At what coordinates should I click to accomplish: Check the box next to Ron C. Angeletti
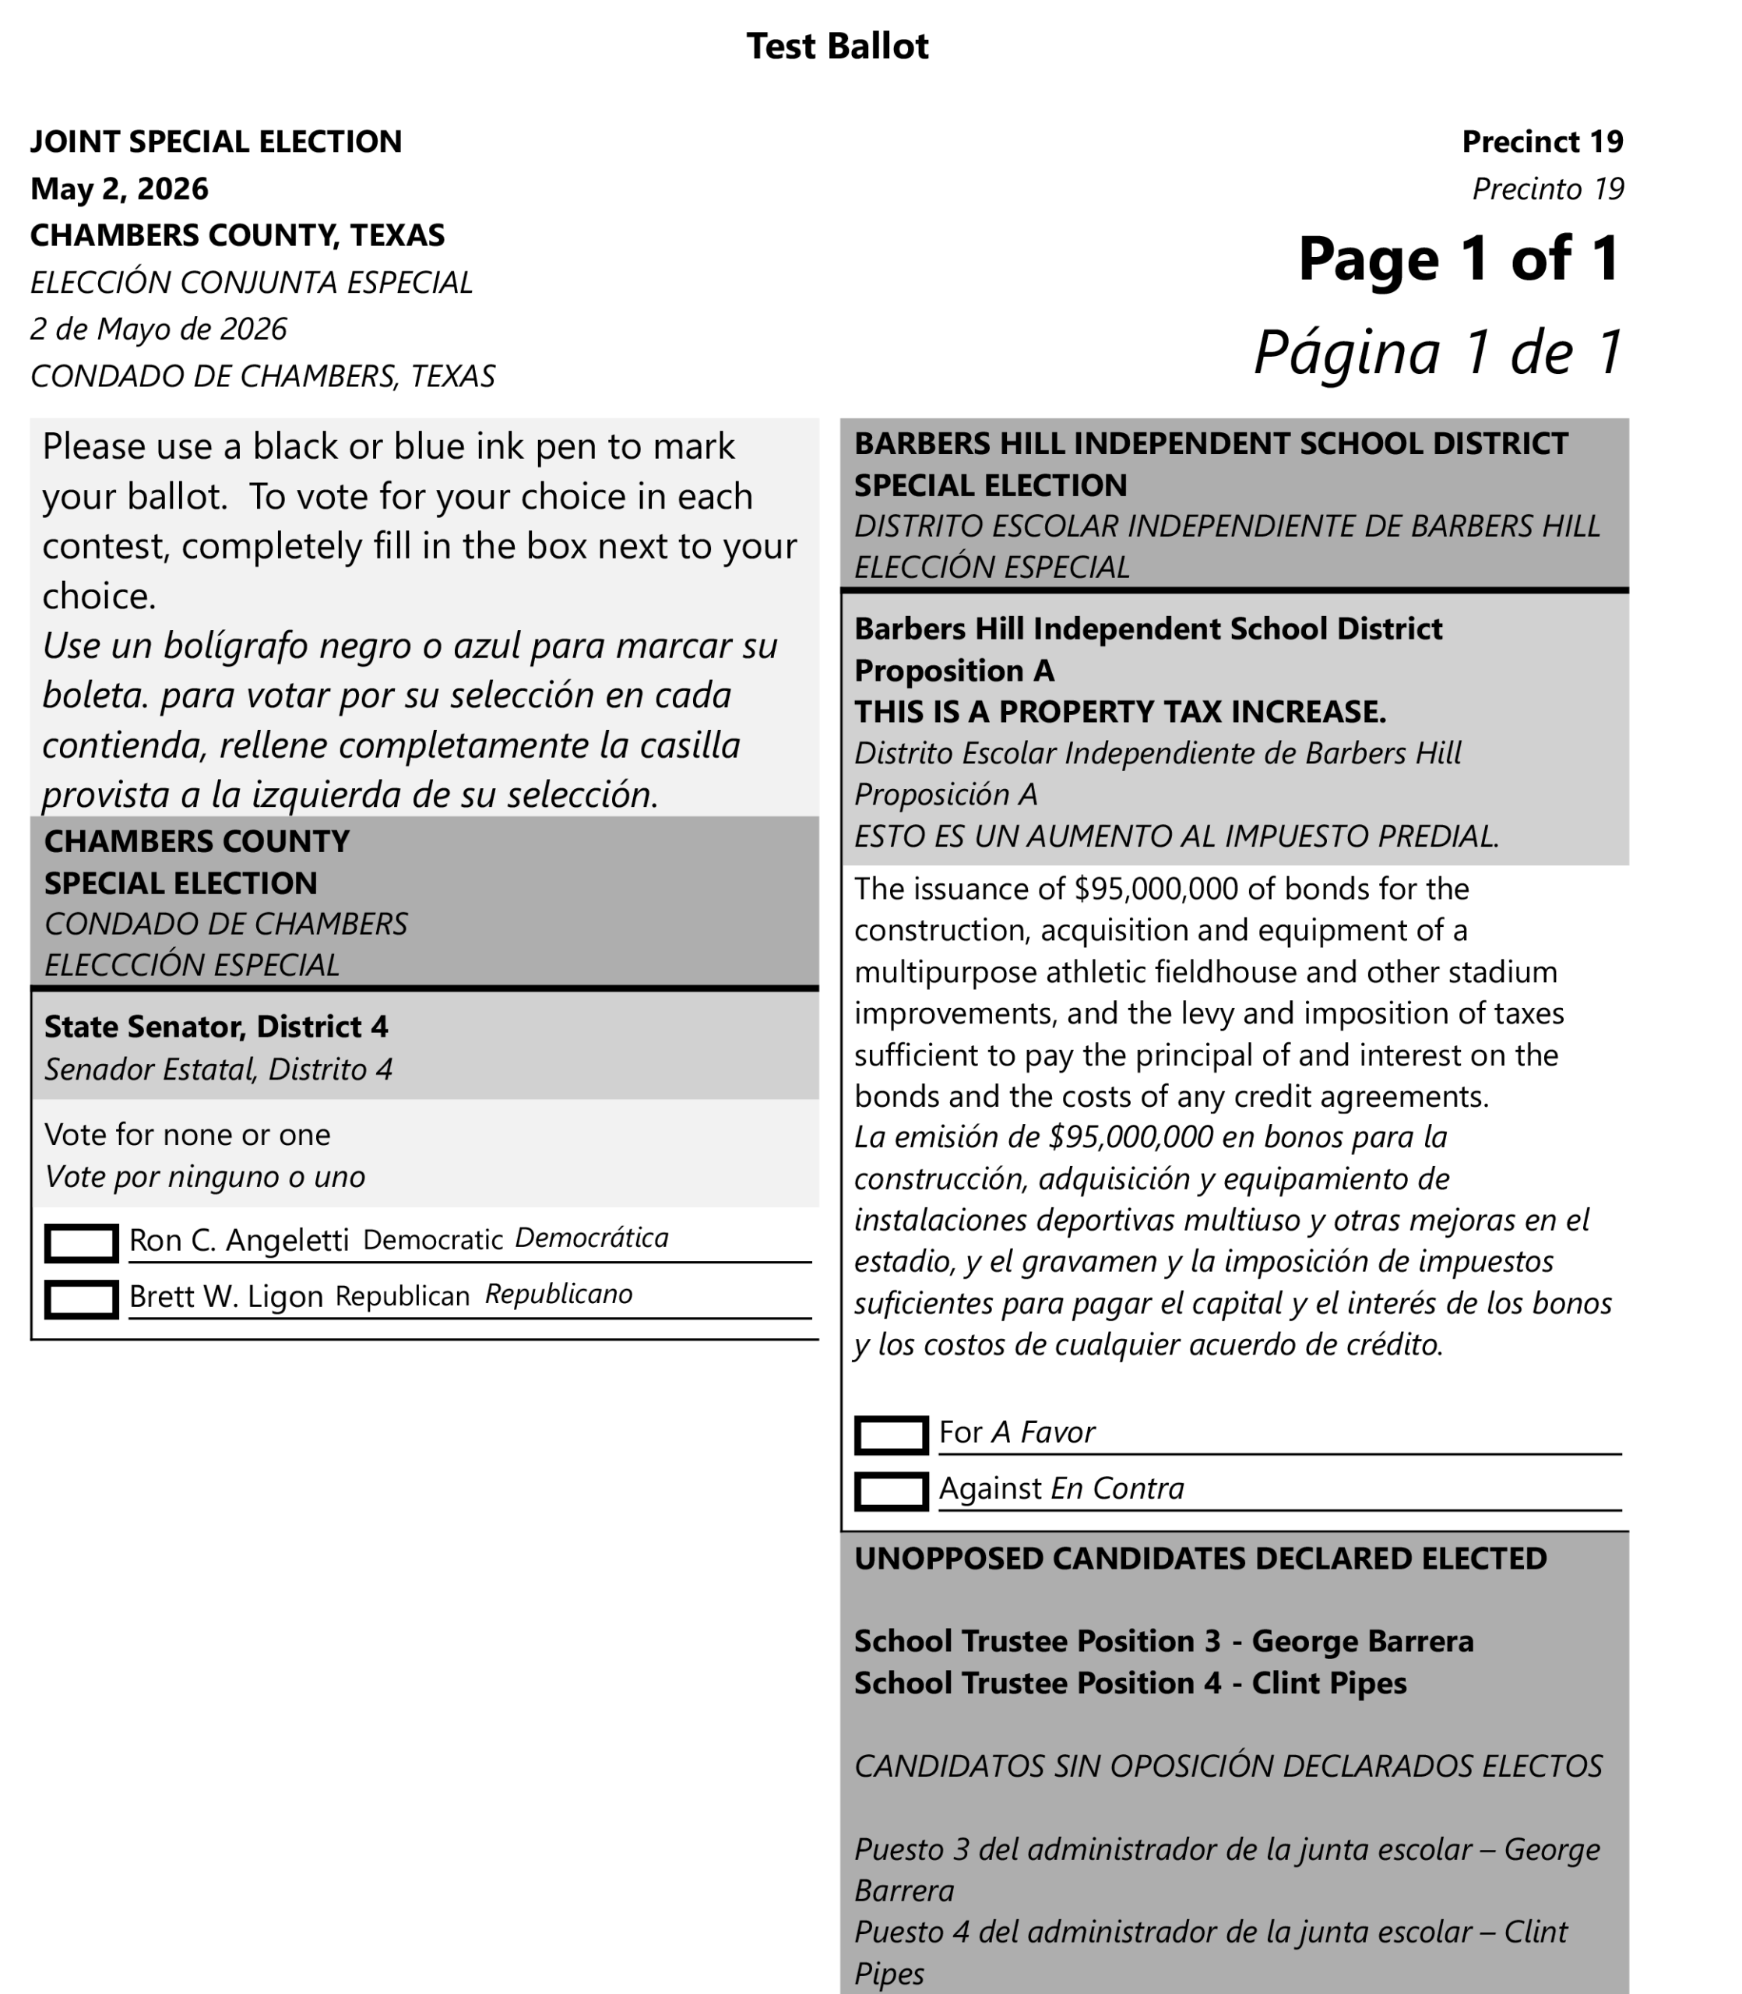click(82, 1242)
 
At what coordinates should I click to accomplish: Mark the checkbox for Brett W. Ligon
click(82, 1299)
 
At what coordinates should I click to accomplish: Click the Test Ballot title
click(837, 46)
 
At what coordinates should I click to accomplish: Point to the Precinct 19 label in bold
click(1542, 142)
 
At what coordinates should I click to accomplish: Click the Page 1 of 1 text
click(1459, 259)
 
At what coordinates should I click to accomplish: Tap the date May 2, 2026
click(120, 188)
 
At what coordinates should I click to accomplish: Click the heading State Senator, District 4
click(216, 1027)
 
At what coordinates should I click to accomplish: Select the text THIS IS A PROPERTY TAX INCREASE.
click(1120, 713)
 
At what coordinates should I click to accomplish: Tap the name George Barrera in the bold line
click(1362, 1641)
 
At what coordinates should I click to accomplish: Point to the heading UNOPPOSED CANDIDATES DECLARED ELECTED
click(1199, 1559)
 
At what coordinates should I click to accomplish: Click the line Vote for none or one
click(188, 1135)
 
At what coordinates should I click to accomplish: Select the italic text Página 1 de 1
click(1438, 351)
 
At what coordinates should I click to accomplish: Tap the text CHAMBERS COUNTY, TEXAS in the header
click(238, 235)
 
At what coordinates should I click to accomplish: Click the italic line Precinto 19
click(1547, 188)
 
